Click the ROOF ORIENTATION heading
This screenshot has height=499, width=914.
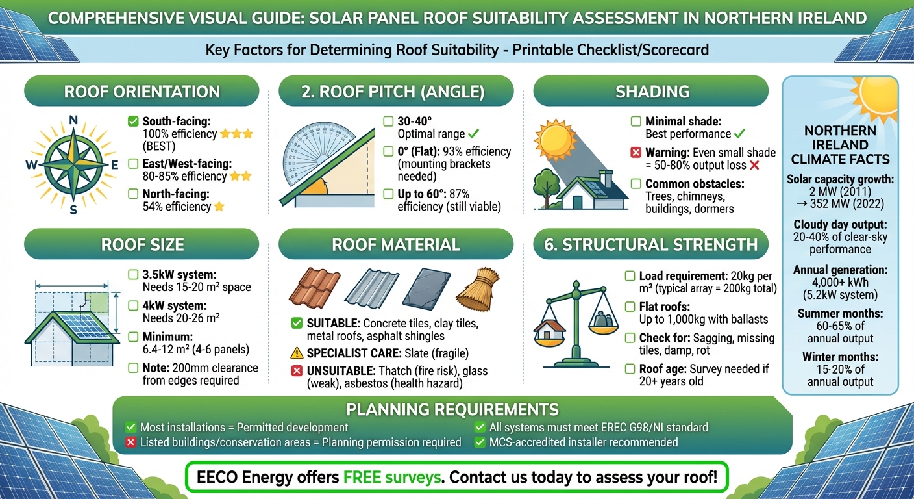pos(142,92)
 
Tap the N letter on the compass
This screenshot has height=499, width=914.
pos(73,120)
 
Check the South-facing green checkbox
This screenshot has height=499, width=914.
pos(134,121)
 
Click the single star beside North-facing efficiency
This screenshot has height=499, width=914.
pos(219,207)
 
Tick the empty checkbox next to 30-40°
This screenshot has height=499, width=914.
pos(388,121)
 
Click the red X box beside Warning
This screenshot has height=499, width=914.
pos(636,153)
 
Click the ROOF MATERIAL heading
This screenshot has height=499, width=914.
pos(395,245)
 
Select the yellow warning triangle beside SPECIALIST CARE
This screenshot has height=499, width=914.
pos(297,353)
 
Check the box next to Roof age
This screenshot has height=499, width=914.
pos(630,368)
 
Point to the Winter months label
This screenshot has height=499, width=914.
pos(840,357)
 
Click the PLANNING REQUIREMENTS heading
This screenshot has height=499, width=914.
pos(452,410)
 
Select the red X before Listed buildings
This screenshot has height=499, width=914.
pos(130,442)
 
